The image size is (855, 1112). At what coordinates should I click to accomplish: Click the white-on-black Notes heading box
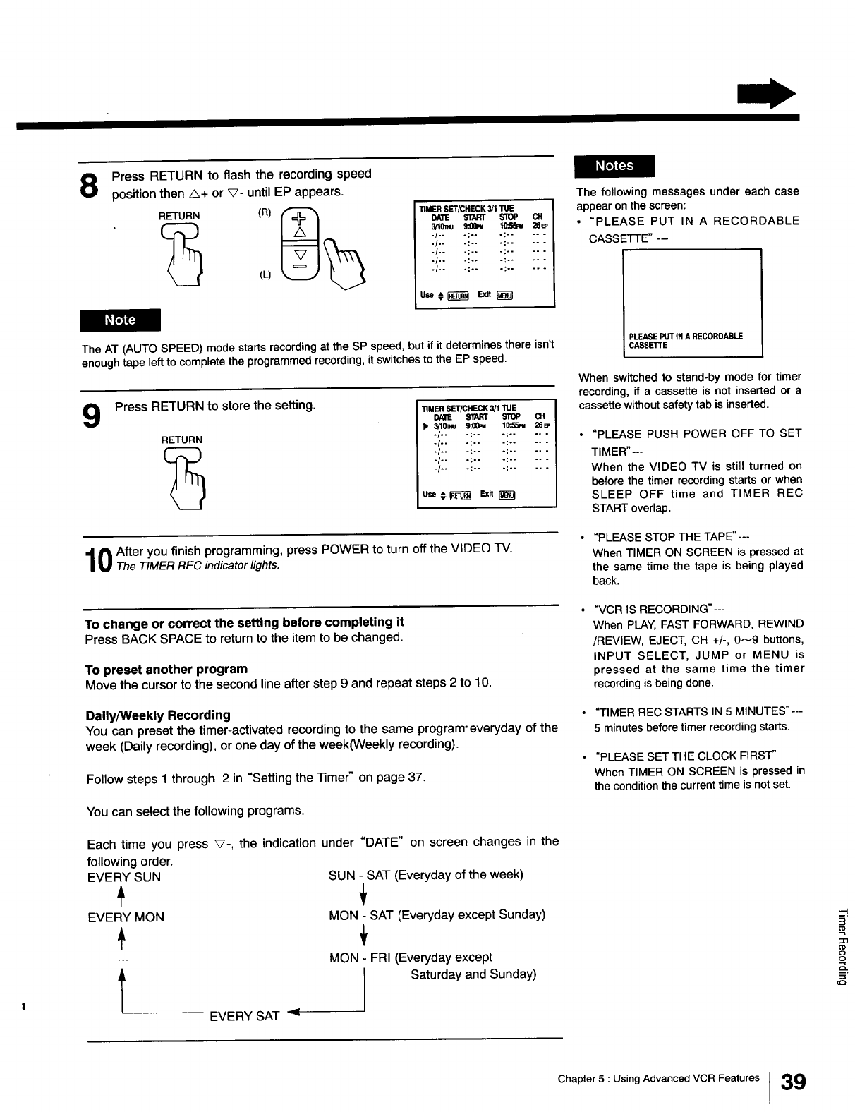(614, 166)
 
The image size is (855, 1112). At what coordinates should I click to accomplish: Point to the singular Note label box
(120, 320)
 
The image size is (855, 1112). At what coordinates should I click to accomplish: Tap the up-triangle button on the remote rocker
(300, 232)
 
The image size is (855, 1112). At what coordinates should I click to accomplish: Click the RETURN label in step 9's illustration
(181, 440)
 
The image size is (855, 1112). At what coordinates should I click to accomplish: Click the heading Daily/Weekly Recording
(157, 715)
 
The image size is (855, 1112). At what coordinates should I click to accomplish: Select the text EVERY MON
(126, 917)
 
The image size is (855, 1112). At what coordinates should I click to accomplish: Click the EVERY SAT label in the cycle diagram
(244, 1016)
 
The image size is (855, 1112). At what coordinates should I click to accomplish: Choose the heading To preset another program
(166, 669)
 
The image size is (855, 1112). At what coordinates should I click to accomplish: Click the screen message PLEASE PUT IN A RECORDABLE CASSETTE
(685, 341)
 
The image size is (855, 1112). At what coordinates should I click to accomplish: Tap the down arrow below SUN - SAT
(363, 896)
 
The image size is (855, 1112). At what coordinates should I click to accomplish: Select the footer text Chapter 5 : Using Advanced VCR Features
(658, 1078)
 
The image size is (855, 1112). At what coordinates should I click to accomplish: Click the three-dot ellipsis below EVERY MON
(122, 960)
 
